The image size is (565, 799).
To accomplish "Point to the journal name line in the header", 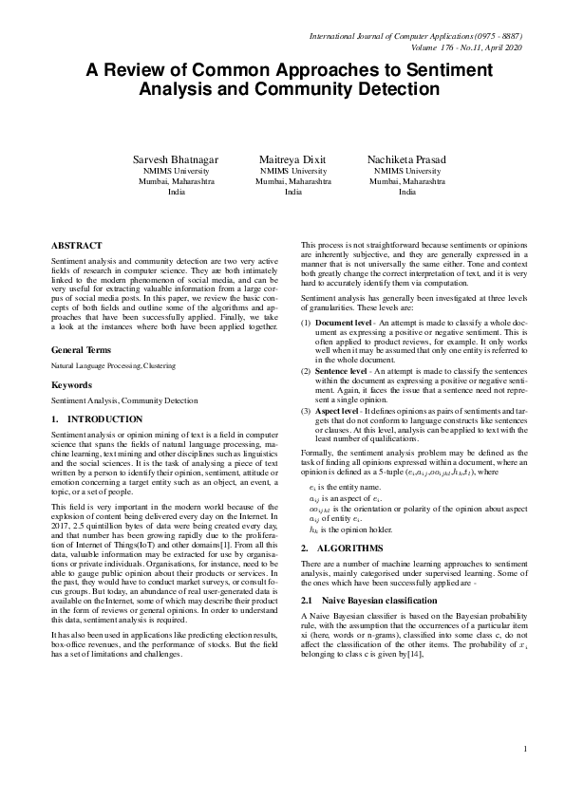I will point(416,35).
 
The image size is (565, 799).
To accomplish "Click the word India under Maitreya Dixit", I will point(292,191).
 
